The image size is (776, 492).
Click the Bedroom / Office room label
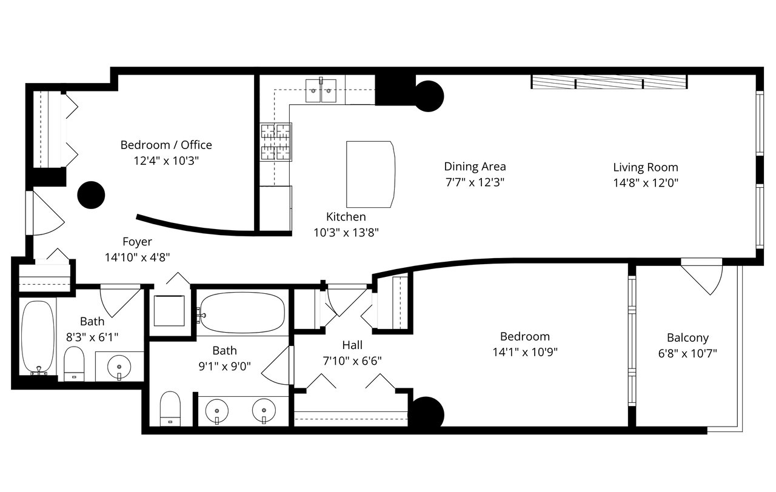point(166,145)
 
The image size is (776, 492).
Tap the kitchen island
point(370,175)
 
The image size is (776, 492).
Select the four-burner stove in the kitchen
point(276,142)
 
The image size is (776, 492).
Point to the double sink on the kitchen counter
point(321,91)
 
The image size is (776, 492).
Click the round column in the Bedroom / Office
point(92,194)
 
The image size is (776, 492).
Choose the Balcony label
point(687,338)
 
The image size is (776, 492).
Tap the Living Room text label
point(645,167)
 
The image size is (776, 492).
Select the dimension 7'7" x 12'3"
point(475,181)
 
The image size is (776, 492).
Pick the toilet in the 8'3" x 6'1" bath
point(74,364)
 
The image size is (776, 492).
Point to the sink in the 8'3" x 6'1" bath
point(119,366)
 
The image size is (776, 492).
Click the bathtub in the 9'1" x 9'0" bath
point(241,313)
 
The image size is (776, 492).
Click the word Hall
point(352,345)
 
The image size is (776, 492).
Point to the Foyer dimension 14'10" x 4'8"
point(137,257)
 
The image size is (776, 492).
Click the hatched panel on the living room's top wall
point(609,82)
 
